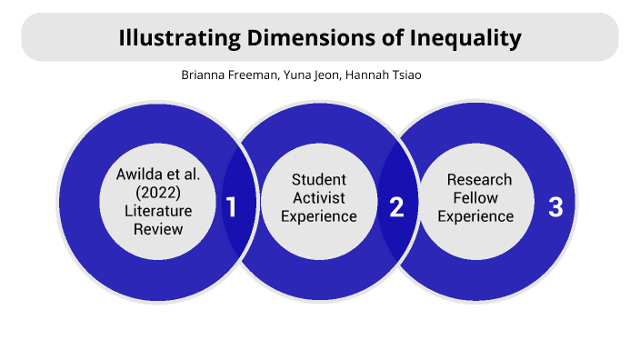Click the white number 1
click(x=231, y=207)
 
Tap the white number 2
click(x=396, y=207)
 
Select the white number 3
click(x=555, y=207)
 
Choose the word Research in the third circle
click(x=479, y=179)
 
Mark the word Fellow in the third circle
click(x=479, y=197)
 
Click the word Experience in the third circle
click(x=479, y=216)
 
